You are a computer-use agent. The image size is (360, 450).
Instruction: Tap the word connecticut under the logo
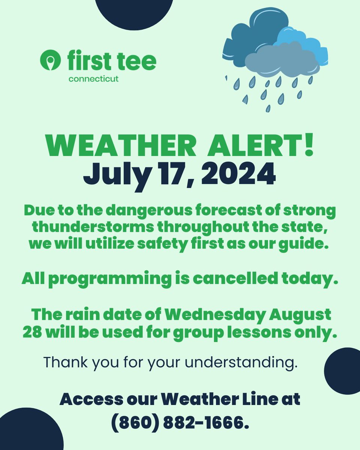coord(93,79)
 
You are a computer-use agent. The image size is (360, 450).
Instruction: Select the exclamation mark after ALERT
coord(309,146)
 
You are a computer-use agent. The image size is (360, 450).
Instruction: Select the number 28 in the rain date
coord(31,333)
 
